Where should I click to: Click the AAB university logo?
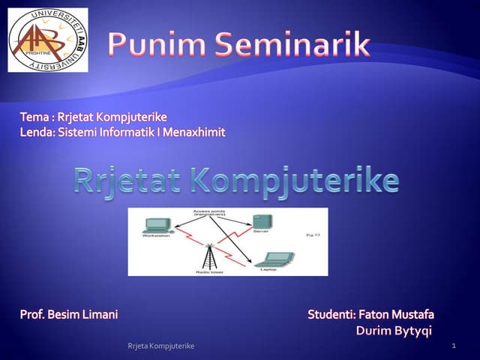point(47,40)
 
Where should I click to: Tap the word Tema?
point(34,117)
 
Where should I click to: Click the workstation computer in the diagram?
point(157,225)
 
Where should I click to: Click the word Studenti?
point(331,314)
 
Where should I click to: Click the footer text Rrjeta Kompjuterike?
point(161,346)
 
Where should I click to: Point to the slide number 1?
point(454,345)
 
